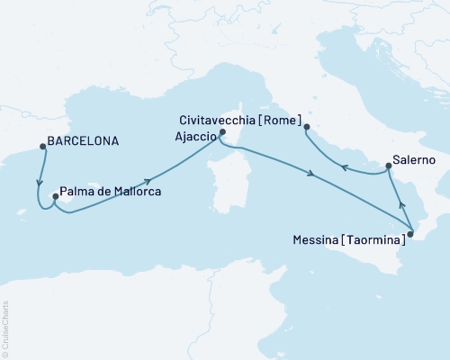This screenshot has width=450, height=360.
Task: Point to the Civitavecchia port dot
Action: coord(307,127)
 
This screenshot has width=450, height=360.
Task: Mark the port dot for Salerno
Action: coord(388,166)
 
